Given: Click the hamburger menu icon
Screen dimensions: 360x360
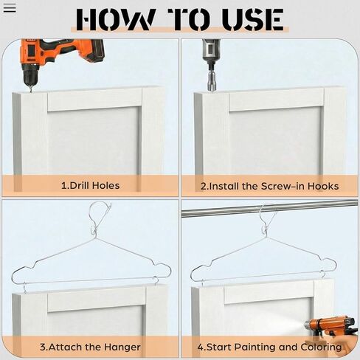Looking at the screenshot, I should pos(10,9).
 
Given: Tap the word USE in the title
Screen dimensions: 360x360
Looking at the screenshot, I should pos(250,19).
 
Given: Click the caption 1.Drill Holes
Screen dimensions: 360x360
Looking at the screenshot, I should pos(90,185).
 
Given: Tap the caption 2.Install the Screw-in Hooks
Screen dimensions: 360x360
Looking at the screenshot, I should pos(269,185).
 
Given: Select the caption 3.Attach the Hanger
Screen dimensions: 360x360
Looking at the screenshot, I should pos(90,347).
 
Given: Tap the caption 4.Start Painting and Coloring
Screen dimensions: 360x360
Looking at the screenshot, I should pos(269,347).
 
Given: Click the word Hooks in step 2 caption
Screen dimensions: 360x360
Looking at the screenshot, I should pos(324,185).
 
